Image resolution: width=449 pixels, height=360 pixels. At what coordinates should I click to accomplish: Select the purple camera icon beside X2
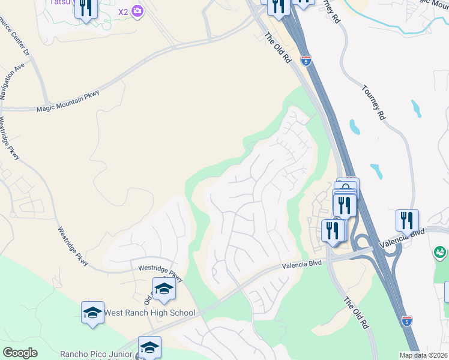pyautogui.click(x=137, y=11)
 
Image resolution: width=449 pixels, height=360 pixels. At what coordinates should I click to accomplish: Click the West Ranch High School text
pyautogui.click(x=149, y=313)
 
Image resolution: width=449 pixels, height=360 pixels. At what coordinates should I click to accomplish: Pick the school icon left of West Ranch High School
pyautogui.click(x=92, y=313)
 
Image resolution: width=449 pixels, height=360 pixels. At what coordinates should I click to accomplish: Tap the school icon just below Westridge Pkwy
pyautogui.click(x=164, y=289)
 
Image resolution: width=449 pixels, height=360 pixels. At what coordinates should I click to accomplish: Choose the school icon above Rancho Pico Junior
pyautogui.click(x=149, y=347)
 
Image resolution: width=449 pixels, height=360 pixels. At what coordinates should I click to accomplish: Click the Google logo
pyautogui.click(x=20, y=353)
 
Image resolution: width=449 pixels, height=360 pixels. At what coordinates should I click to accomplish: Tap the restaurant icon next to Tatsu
pyautogui.click(x=86, y=8)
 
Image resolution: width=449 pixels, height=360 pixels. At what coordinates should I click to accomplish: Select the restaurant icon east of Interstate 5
pyautogui.click(x=407, y=221)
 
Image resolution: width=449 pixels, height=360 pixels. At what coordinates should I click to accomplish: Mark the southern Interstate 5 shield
pyautogui.click(x=406, y=321)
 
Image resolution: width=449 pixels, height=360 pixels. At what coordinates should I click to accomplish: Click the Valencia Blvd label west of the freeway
pyautogui.click(x=303, y=264)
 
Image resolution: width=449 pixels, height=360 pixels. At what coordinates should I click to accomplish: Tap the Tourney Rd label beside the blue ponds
pyautogui.click(x=373, y=102)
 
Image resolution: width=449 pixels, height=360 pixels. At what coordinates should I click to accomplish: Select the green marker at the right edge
pyautogui.click(x=441, y=253)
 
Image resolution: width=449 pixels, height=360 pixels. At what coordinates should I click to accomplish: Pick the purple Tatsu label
pyautogui.click(x=58, y=2)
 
